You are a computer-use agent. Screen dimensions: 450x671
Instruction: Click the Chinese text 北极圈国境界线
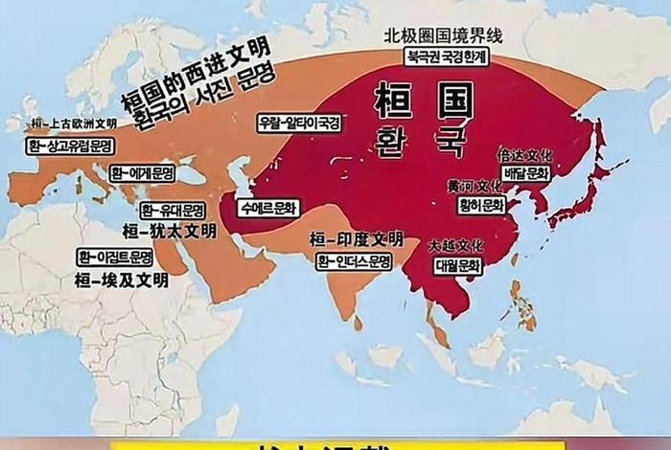(443, 35)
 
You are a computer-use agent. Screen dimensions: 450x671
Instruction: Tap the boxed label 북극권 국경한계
(447, 56)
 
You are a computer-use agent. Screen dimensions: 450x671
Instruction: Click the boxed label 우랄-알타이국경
(299, 123)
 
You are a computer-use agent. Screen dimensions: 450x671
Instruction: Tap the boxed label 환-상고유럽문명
(70, 146)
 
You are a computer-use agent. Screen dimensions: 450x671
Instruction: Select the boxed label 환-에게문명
(142, 173)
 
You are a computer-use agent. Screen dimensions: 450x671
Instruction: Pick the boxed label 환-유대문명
(174, 210)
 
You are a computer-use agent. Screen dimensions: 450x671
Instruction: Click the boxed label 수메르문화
(269, 207)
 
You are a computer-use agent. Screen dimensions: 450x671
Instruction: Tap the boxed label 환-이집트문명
(116, 257)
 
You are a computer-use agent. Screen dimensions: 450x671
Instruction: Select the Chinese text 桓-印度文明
(357, 238)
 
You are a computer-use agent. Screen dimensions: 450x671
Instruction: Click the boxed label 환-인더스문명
(355, 260)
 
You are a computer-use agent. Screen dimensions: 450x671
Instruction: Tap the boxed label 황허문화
(480, 205)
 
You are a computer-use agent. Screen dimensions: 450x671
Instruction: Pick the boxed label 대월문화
(455, 266)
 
